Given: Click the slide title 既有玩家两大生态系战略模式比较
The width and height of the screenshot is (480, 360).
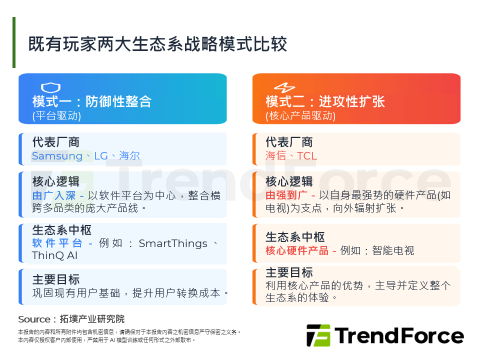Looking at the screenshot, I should point(158,44).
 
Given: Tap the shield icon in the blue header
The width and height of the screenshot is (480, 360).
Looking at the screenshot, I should point(50,87).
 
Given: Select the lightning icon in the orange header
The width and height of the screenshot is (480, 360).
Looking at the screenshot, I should point(284,87).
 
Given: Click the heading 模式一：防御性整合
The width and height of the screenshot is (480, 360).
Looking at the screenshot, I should point(92,102).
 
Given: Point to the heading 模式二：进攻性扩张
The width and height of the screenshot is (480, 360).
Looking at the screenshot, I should point(325,102).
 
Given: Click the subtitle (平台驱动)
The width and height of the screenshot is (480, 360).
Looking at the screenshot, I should point(56,116).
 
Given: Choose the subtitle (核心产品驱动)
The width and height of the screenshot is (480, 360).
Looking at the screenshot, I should point(300,116).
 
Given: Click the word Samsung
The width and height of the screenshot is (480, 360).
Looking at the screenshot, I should point(57,156).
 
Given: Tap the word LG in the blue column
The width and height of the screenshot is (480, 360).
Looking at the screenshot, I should point(100,156).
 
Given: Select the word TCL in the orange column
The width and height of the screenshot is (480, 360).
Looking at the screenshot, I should point(307,156).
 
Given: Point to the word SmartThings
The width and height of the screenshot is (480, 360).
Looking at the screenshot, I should point(173,243).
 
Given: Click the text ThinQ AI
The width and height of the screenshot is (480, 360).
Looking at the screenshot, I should point(55,255).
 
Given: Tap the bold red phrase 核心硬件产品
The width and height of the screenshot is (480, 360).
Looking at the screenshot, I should point(297,250).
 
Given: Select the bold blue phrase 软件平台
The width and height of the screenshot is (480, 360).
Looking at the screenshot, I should point(57,243).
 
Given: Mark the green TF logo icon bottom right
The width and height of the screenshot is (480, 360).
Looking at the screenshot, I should point(318,335).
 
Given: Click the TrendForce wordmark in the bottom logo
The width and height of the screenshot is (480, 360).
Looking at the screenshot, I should point(399,336).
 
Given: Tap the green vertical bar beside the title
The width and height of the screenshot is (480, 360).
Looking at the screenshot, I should point(14,42).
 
